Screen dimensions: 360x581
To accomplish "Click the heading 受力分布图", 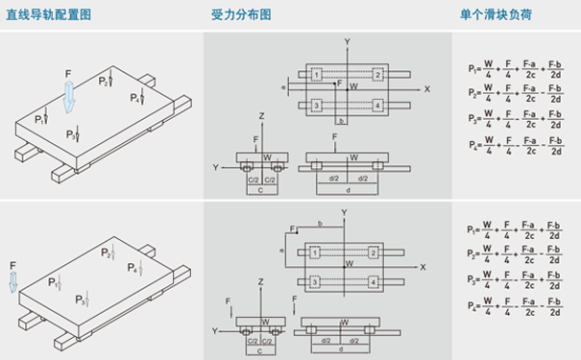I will [x=241, y=15].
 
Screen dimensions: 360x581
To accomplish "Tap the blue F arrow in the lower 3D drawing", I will [x=13, y=280].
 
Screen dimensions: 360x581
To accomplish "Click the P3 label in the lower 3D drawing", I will [x=81, y=301].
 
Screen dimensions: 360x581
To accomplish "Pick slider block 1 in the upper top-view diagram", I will [x=316, y=74].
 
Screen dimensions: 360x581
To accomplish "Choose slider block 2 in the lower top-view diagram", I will [x=375, y=252].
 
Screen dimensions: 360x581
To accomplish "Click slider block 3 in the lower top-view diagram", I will [x=315, y=282].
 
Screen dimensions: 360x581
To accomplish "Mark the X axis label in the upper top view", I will [x=426, y=89].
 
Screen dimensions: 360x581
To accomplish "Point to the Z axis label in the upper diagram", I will [x=261, y=115].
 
